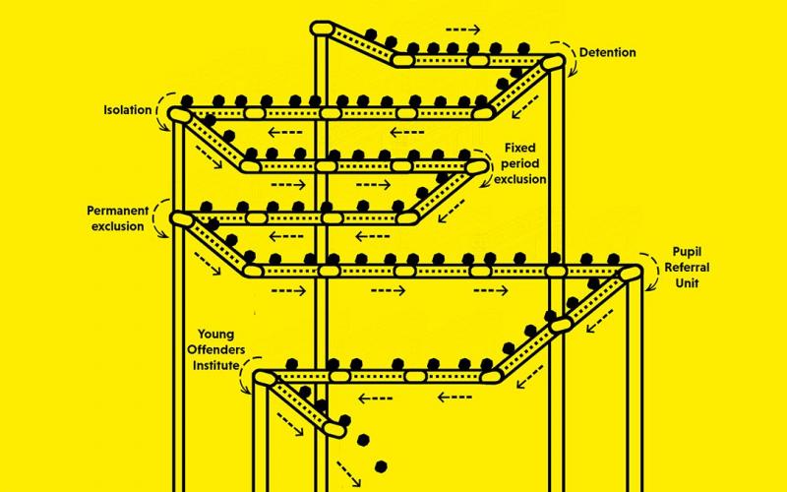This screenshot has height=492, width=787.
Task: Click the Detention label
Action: pyautogui.click(x=607, y=52)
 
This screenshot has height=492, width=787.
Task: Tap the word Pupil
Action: pyautogui.click(x=685, y=252)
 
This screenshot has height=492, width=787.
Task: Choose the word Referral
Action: pyautogui.click(x=686, y=268)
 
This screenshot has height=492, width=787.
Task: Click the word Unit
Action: pyautogui.click(x=685, y=283)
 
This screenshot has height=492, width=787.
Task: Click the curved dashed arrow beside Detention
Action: pyautogui.click(x=565, y=47)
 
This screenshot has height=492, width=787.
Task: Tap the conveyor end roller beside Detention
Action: pyautogui.click(x=553, y=63)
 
